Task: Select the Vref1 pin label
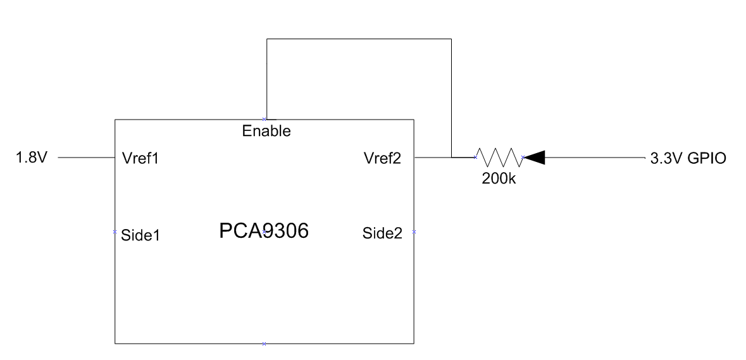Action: click(x=139, y=158)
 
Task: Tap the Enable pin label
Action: click(x=266, y=132)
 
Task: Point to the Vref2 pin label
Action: click(x=382, y=158)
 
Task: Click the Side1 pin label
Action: click(x=140, y=235)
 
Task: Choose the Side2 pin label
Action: click(x=382, y=233)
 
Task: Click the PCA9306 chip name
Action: click(x=263, y=232)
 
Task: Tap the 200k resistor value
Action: click(x=498, y=179)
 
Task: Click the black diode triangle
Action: click(x=535, y=157)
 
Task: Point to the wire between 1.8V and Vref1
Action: click(x=85, y=158)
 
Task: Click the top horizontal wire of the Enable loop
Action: click(x=359, y=39)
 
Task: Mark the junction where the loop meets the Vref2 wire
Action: click(x=451, y=157)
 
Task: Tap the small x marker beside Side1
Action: click(x=115, y=232)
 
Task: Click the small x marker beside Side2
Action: click(x=414, y=232)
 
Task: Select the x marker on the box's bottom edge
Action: click(x=264, y=344)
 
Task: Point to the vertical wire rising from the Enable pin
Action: click(x=267, y=79)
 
